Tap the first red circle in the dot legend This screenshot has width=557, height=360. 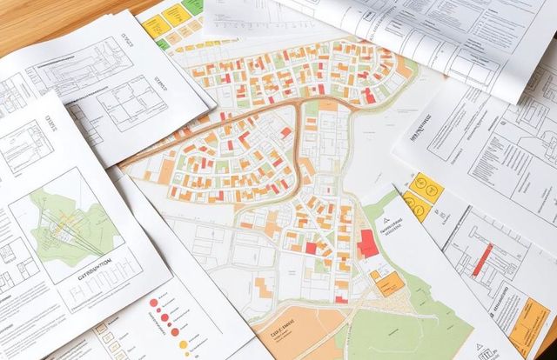coord(154,303)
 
